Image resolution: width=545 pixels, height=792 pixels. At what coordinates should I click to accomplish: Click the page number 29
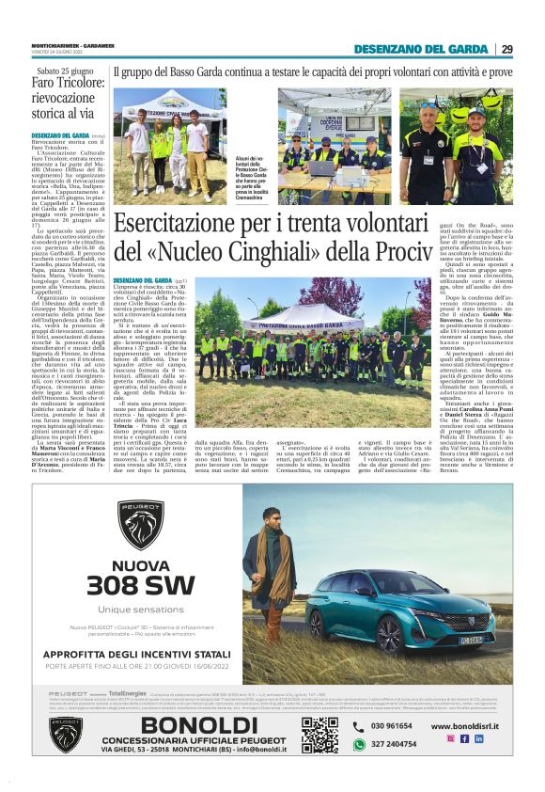coord(506,49)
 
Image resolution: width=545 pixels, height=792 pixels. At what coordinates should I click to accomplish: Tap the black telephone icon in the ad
coord(358,726)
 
